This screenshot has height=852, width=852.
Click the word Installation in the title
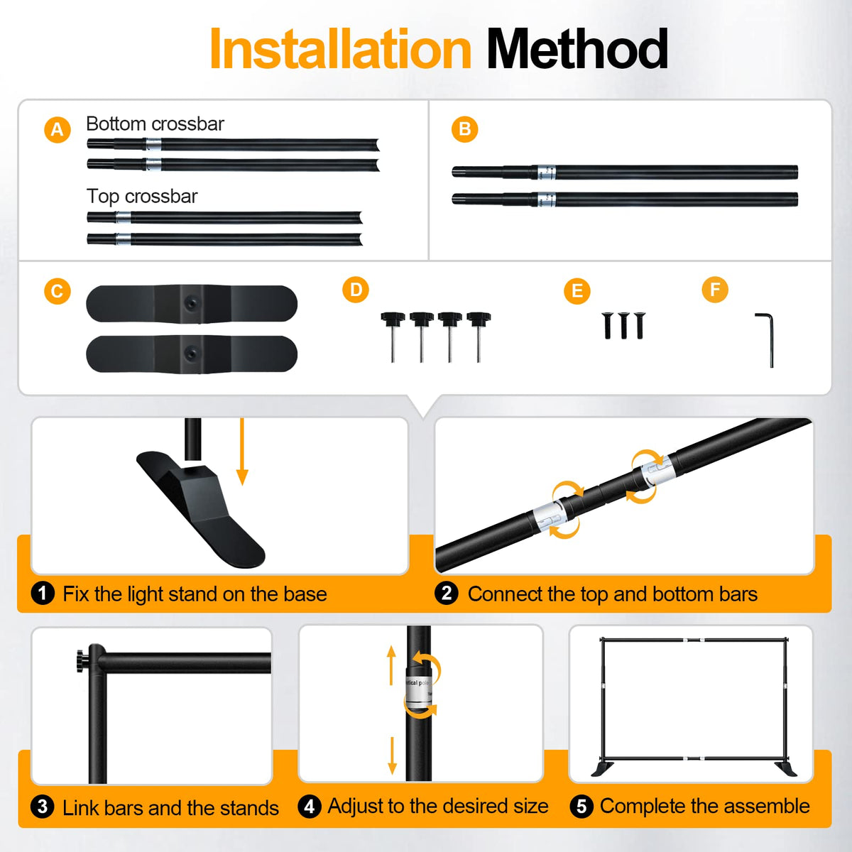341,49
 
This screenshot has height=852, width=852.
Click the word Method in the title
577,49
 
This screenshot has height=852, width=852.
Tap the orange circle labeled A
58,130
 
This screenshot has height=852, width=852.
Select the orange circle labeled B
464,129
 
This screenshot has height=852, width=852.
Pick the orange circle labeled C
58,291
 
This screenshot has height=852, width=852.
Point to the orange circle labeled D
356,290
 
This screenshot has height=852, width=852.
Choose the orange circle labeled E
577,291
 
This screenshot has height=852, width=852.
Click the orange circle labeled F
715,290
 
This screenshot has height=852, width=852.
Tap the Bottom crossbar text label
155,124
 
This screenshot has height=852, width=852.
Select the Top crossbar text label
142,196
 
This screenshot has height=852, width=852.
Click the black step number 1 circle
43,594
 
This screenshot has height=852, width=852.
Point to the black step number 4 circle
310,807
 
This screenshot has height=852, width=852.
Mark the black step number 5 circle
581,807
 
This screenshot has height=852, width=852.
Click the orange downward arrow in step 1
242,452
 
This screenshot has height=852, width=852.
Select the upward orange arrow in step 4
391,665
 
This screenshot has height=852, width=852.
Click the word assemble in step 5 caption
760,806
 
